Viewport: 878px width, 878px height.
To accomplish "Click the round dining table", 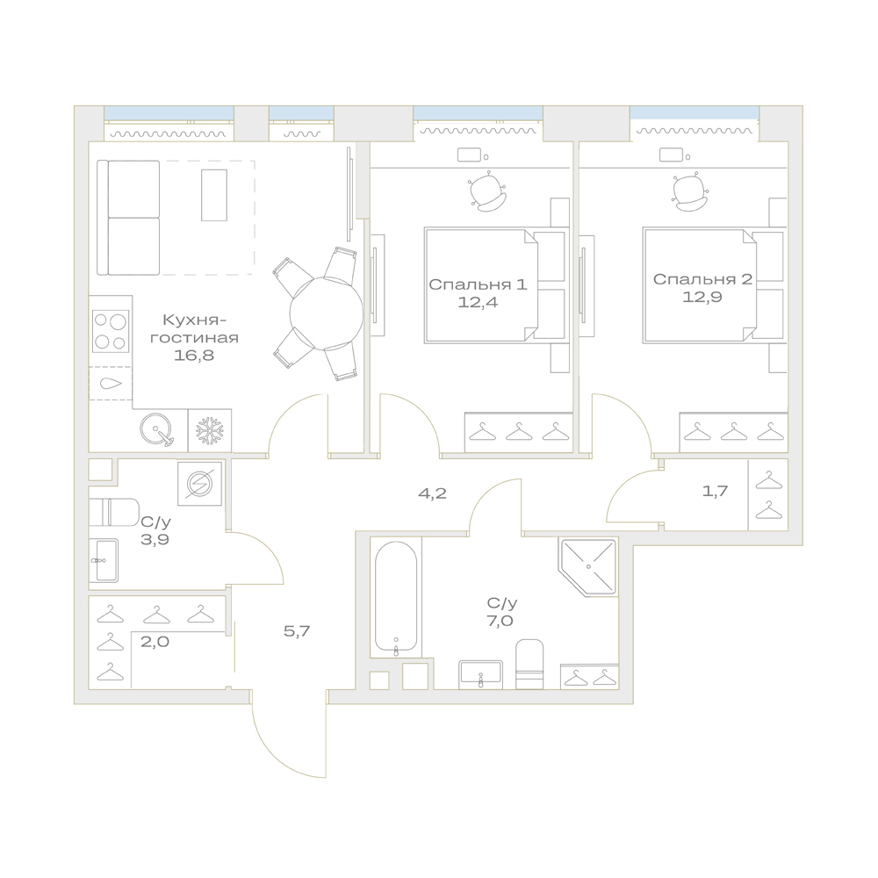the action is pyautogui.click(x=326, y=313).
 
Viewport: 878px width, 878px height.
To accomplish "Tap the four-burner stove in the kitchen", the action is pyautogui.click(x=111, y=331).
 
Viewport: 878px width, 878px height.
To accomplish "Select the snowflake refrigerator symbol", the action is pyautogui.click(x=210, y=430).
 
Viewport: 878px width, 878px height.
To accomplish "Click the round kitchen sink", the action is pyautogui.click(x=156, y=430).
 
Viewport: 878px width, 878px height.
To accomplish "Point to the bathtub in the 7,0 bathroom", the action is pyautogui.click(x=396, y=599).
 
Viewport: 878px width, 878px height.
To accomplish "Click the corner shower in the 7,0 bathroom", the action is pyautogui.click(x=588, y=566).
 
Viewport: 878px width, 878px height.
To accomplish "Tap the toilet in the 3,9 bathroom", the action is pyautogui.click(x=113, y=512).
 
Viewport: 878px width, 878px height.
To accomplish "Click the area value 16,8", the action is pyautogui.click(x=194, y=355).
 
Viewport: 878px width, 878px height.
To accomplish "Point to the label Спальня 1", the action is pyautogui.click(x=478, y=284).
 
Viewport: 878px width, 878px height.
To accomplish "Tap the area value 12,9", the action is pyautogui.click(x=702, y=297).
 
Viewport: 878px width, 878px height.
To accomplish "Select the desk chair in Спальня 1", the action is pyautogui.click(x=488, y=191).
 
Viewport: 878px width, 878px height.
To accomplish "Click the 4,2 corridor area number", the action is pyautogui.click(x=432, y=493).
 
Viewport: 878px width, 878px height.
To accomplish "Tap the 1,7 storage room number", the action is pyautogui.click(x=715, y=491).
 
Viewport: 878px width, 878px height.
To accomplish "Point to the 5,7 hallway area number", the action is pyautogui.click(x=297, y=631).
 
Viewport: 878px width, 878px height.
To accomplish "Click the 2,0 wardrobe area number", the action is pyautogui.click(x=155, y=641).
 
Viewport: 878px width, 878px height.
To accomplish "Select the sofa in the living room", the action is pyautogui.click(x=128, y=218).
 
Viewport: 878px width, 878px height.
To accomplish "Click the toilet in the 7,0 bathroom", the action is pyautogui.click(x=529, y=664).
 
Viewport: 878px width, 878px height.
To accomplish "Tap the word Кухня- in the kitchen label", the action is pyautogui.click(x=194, y=320).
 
